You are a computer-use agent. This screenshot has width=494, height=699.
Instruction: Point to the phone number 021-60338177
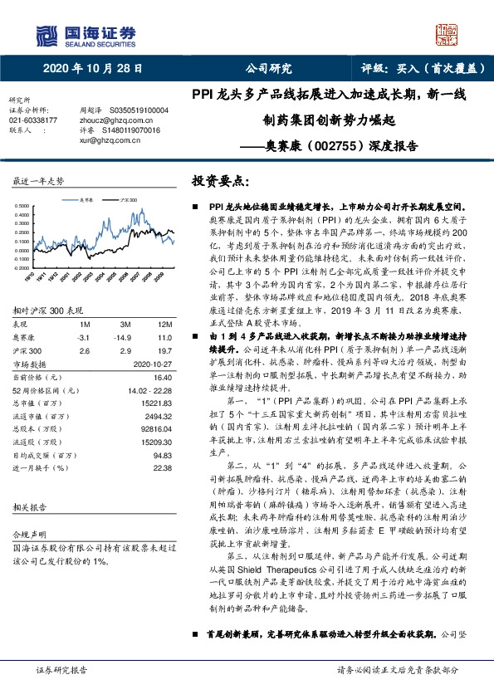pyautogui.click(x=34, y=120)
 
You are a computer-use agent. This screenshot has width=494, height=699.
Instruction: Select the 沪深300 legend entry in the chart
pyautogui.click(x=128, y=200)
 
